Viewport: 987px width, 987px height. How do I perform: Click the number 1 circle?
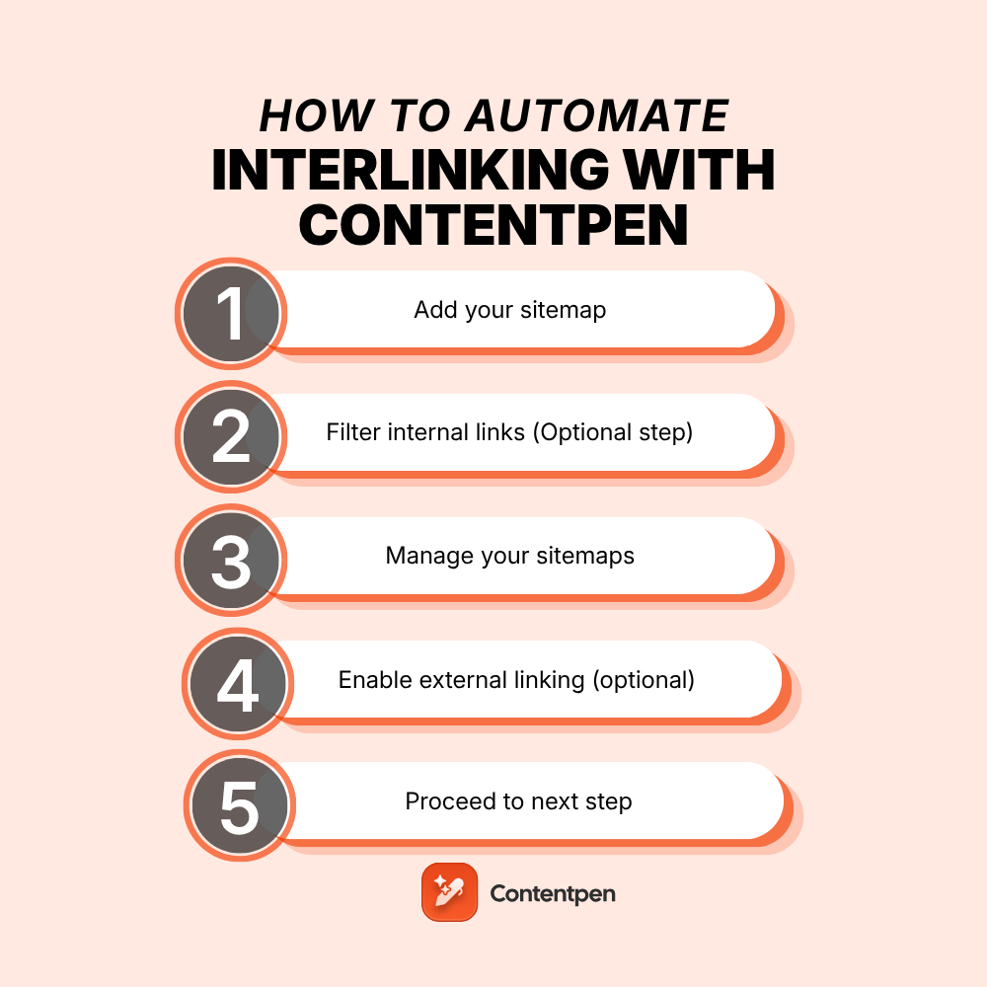coord(231,313)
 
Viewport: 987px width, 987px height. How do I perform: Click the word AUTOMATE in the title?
coord(597,116)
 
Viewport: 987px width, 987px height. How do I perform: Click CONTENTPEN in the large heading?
coord(493,226)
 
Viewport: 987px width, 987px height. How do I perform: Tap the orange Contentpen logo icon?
coord(449,892)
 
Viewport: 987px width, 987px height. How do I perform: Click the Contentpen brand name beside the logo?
coord(553,893)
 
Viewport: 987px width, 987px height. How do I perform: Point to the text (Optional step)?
coord(612,432)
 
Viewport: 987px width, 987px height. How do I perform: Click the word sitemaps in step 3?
coord(585,556)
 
